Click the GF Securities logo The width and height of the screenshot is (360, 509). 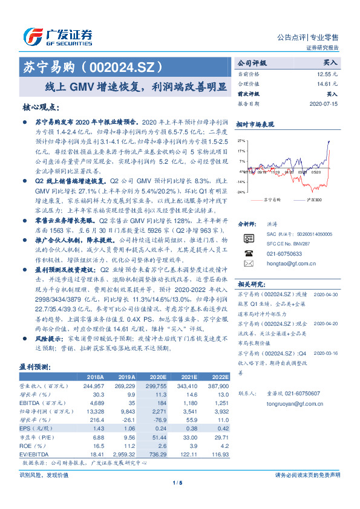pos(58,36)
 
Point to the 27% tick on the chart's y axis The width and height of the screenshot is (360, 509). pos(241,140)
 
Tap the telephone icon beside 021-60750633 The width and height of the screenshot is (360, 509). pos(248,254)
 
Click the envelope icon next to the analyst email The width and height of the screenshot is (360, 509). pos(248,264)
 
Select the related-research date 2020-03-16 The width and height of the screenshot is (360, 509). pos(326,353)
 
